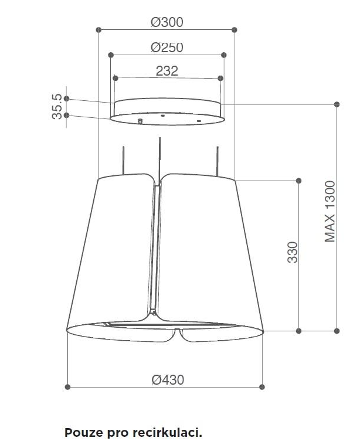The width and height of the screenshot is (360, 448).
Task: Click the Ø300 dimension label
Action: click(167, 22)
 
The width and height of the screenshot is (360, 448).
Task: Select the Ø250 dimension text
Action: click(167, 47)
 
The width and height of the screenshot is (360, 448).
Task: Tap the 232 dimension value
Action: click(167, 71)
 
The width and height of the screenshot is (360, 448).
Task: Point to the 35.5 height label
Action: click(57, 106)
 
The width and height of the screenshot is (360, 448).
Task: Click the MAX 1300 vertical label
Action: click(330, 212)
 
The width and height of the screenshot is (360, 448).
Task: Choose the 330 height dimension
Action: click(293, 252)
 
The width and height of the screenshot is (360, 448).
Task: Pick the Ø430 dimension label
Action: click(168, 380)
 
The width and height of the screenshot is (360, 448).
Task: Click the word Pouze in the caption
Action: click(84, 433)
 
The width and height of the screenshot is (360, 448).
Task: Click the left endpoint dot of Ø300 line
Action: click(99, 30)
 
